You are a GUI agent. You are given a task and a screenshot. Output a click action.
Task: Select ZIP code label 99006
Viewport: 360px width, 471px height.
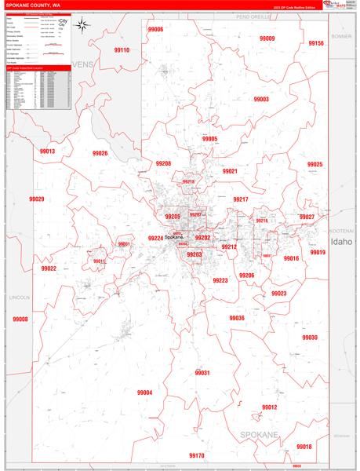[x=155, y=29]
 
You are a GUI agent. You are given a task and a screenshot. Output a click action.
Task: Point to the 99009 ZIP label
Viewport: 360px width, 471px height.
[x=267, y=38]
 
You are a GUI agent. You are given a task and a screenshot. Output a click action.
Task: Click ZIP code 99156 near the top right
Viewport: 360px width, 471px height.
[x=315, y=44]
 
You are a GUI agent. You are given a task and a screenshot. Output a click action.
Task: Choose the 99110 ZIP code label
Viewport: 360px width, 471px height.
[x=122, y=50]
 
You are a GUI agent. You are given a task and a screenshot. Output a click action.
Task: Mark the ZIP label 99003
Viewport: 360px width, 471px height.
[x=261, y=100]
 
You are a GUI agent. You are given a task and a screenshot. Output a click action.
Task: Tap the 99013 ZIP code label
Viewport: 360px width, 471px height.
[x=47, y=151]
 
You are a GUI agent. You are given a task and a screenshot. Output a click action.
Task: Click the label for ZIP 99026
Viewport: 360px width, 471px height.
[x=100, y=153]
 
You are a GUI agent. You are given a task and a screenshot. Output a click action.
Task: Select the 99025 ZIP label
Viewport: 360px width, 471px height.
[x=315, y=165]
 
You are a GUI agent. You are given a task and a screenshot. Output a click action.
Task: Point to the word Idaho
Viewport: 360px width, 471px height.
[x=342, y=243]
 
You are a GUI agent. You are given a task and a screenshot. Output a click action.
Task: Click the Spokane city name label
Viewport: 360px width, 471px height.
[x=173, y=238]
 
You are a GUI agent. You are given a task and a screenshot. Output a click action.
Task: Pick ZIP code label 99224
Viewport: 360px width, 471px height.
[x=155, y=238]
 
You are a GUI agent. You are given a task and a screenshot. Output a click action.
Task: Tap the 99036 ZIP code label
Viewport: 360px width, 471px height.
[x=237, y=318]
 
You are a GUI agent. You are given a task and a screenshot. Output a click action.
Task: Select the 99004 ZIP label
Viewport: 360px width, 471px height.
[x=144, y=392]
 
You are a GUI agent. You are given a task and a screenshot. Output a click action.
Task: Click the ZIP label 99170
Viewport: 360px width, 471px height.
[x=196, y=455]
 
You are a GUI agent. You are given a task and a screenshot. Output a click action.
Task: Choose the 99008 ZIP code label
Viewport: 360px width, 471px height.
[x=20, y=319]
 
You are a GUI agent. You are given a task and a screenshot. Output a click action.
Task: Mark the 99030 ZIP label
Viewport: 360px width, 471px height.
[x=310, y=338]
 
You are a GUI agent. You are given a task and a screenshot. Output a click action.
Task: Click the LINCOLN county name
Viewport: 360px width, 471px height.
[x=20, y=298]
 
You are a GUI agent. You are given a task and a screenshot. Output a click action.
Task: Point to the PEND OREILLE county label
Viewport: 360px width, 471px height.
[x=253, y=16]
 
